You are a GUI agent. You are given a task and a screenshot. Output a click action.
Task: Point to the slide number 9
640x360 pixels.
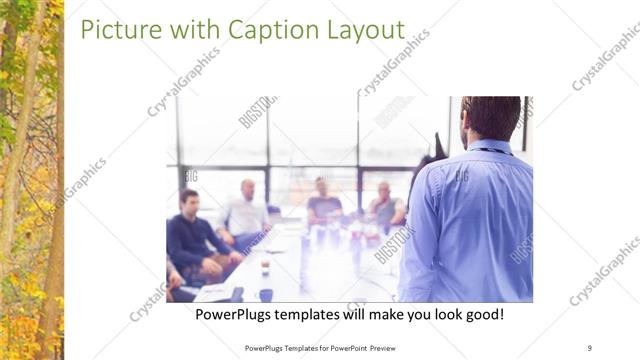coord(590,348)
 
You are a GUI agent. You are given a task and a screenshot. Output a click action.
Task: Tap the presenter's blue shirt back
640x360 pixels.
coord(468,220)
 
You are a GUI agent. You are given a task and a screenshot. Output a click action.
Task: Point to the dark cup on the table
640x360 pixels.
coord(265,294)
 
